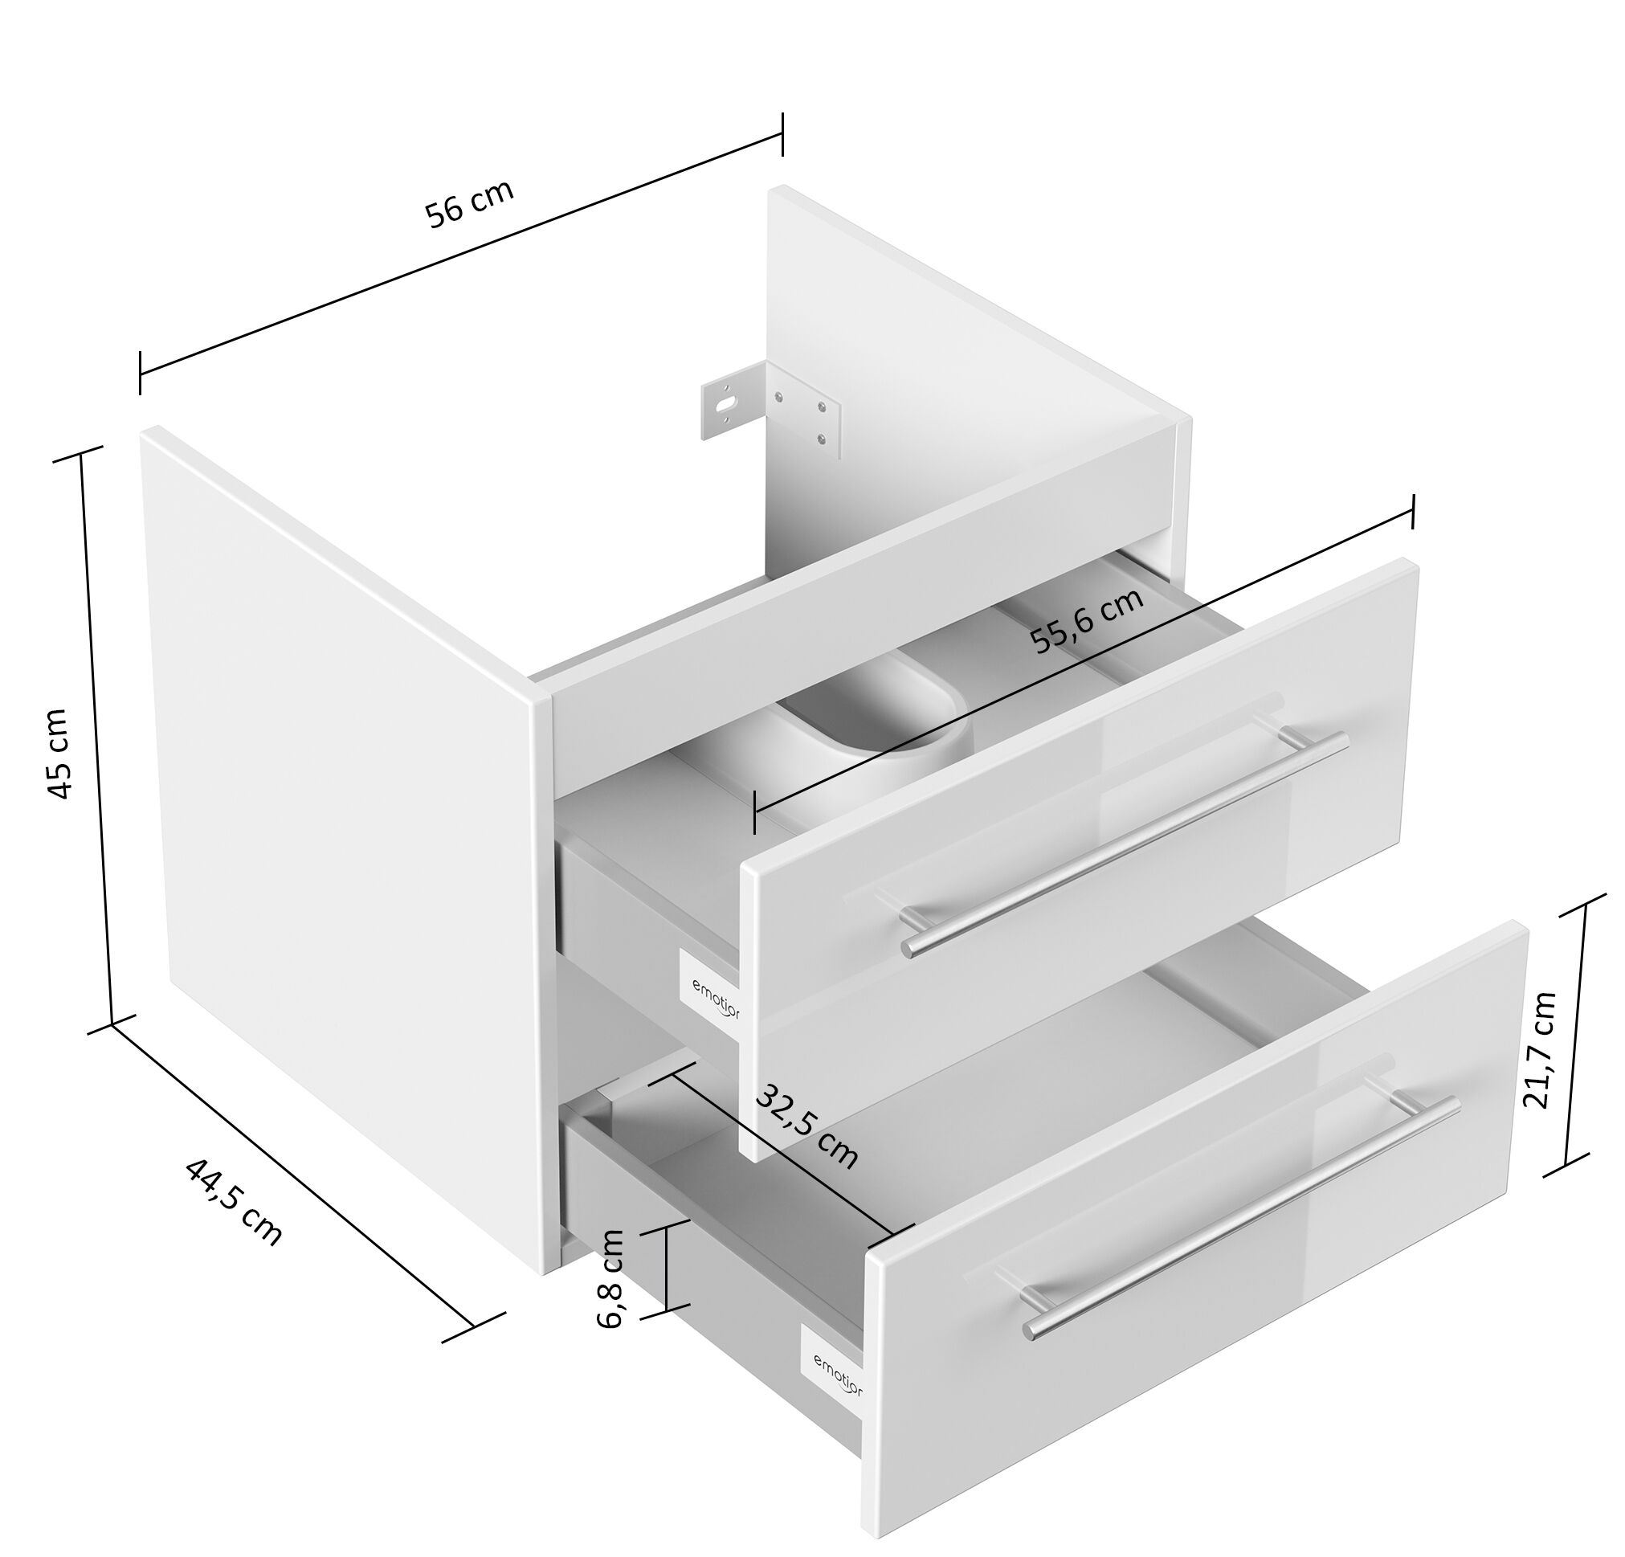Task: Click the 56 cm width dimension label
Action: point(469,202)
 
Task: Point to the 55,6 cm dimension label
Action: point(1087,619)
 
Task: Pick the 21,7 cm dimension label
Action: point(1540,1049)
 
